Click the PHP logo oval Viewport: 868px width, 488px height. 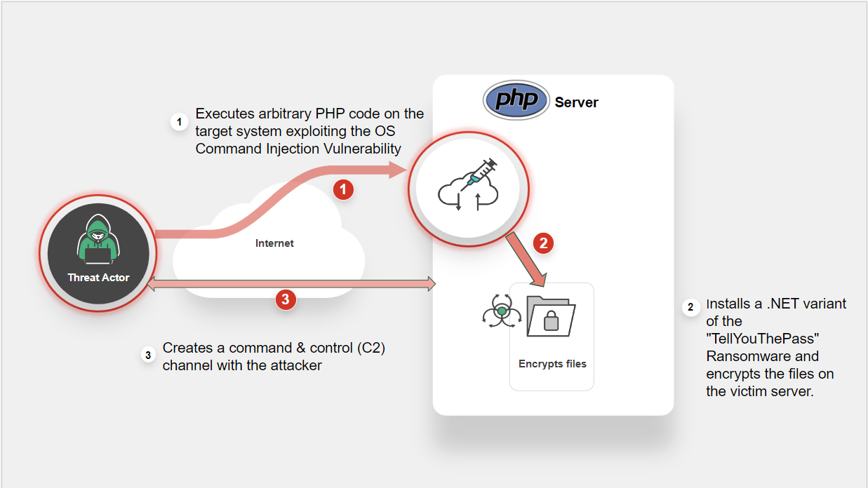point(516,101)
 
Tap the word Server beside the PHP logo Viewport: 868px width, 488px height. point(576,102)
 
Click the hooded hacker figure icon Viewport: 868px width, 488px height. point(98,242)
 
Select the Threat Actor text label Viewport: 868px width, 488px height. point(98,278)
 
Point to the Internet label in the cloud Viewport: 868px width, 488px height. point(274,243)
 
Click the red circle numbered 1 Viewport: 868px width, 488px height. point(343,189)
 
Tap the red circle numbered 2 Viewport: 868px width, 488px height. point(543,243)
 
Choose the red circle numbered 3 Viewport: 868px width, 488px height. point(284,299)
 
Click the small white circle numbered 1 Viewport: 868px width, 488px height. point(180,122)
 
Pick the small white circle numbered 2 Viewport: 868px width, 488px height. point(690,307)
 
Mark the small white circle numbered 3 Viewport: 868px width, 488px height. point(148,355)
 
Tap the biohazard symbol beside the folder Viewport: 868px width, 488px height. point(501,312)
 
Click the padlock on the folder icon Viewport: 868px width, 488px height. point(551,321)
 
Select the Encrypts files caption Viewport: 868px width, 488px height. point(552,364)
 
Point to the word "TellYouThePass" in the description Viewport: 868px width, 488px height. point(763,339)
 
